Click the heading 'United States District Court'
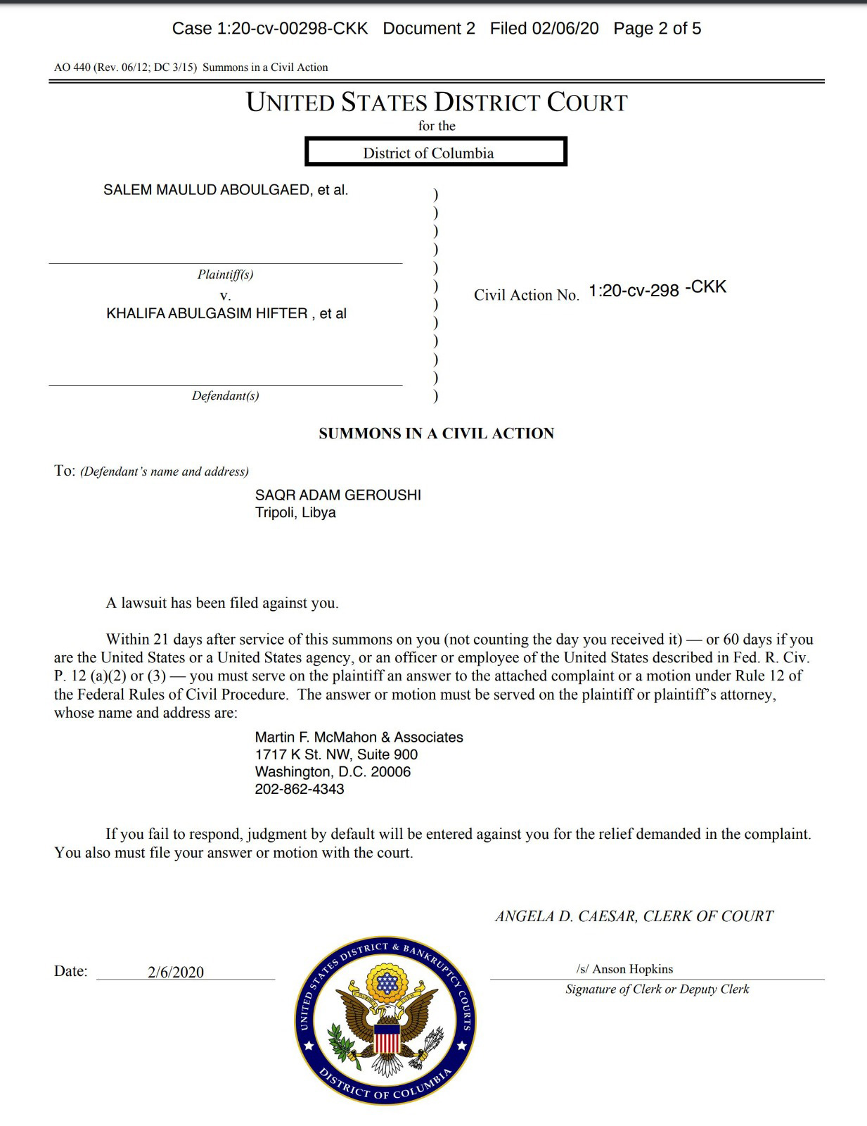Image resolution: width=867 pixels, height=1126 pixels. pos(436,103)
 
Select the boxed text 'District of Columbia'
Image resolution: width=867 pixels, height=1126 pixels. pos(428,153)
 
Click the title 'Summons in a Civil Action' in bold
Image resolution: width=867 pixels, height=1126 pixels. pos(436,434)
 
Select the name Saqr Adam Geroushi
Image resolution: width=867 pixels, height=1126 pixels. pos(338,495)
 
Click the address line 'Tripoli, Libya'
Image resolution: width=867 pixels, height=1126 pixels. pos(295,512)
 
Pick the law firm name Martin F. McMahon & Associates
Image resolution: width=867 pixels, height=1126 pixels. pos(359,737)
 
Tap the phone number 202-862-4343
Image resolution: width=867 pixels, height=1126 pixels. pos(300,789)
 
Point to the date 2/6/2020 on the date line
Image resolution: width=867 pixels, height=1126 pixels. pos(176,972)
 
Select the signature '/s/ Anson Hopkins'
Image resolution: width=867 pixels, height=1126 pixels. pos(624,969)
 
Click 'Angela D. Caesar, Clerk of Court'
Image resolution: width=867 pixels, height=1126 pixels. pos(634,916)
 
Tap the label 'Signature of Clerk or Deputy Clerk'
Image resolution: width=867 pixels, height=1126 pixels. pos(657,989)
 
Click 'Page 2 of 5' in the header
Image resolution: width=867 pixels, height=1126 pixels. pos(657,28)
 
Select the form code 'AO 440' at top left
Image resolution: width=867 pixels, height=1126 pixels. pos(69,68)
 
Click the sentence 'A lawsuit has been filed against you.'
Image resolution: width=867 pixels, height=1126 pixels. pos(222,603)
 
